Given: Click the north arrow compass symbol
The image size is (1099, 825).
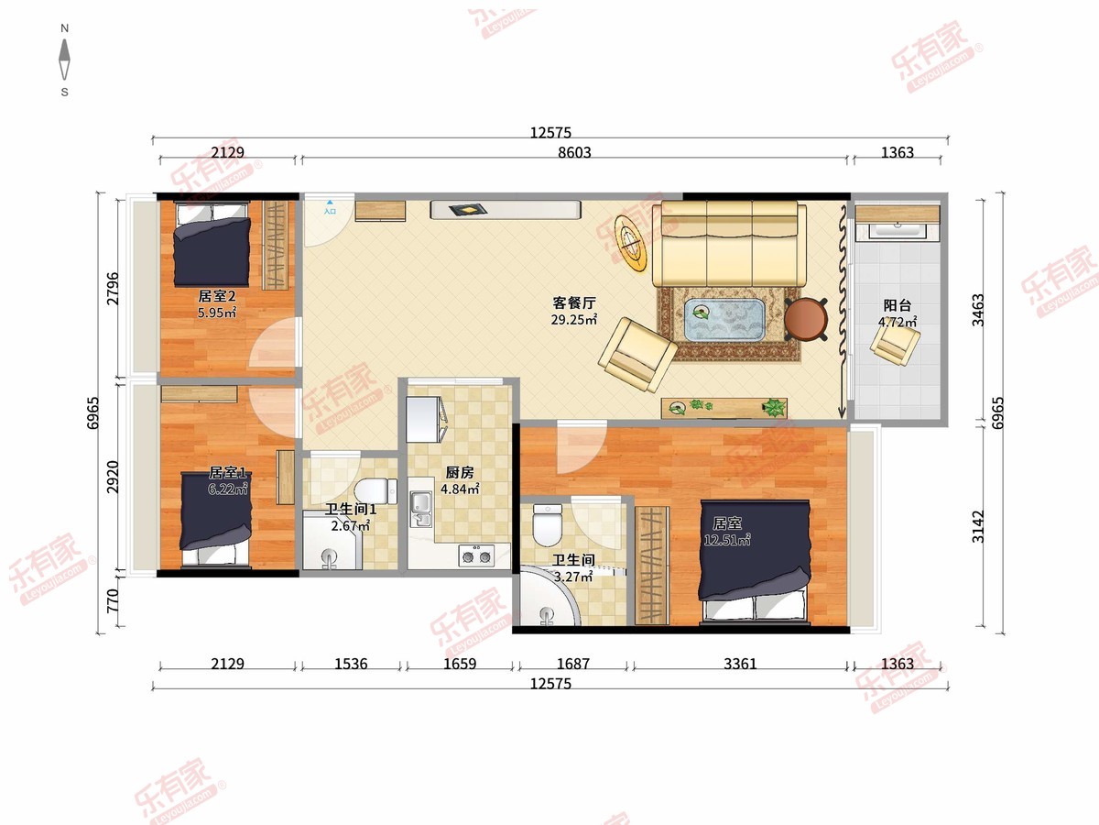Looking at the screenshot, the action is [65, 60].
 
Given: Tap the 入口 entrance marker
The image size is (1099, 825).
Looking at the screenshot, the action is [330, 208].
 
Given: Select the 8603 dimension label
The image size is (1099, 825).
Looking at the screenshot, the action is [574, 152].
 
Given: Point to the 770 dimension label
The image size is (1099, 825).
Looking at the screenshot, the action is [114, 600].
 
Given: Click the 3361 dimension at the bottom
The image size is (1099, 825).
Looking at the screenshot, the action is [740, 664].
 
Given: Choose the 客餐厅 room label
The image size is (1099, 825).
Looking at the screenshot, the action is [574, 302].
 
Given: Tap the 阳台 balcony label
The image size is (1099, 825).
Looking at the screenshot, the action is [898, 305].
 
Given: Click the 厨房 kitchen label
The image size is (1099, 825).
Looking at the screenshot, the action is [459, 472].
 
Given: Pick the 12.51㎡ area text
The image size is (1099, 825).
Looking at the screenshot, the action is [727, 540].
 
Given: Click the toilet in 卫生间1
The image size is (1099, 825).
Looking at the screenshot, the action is [375, 491].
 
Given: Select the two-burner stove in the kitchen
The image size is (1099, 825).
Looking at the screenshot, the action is [476, 556].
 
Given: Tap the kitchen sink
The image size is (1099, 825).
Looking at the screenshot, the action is [421, 509].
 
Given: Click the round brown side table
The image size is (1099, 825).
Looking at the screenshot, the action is [806, 319].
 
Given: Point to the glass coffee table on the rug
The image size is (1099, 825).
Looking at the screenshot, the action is [724, 320].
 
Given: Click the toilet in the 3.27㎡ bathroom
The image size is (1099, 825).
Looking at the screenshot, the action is [548, 524].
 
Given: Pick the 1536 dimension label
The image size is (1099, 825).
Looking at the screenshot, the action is [351, 664].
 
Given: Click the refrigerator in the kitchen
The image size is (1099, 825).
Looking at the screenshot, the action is [425, 419].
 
